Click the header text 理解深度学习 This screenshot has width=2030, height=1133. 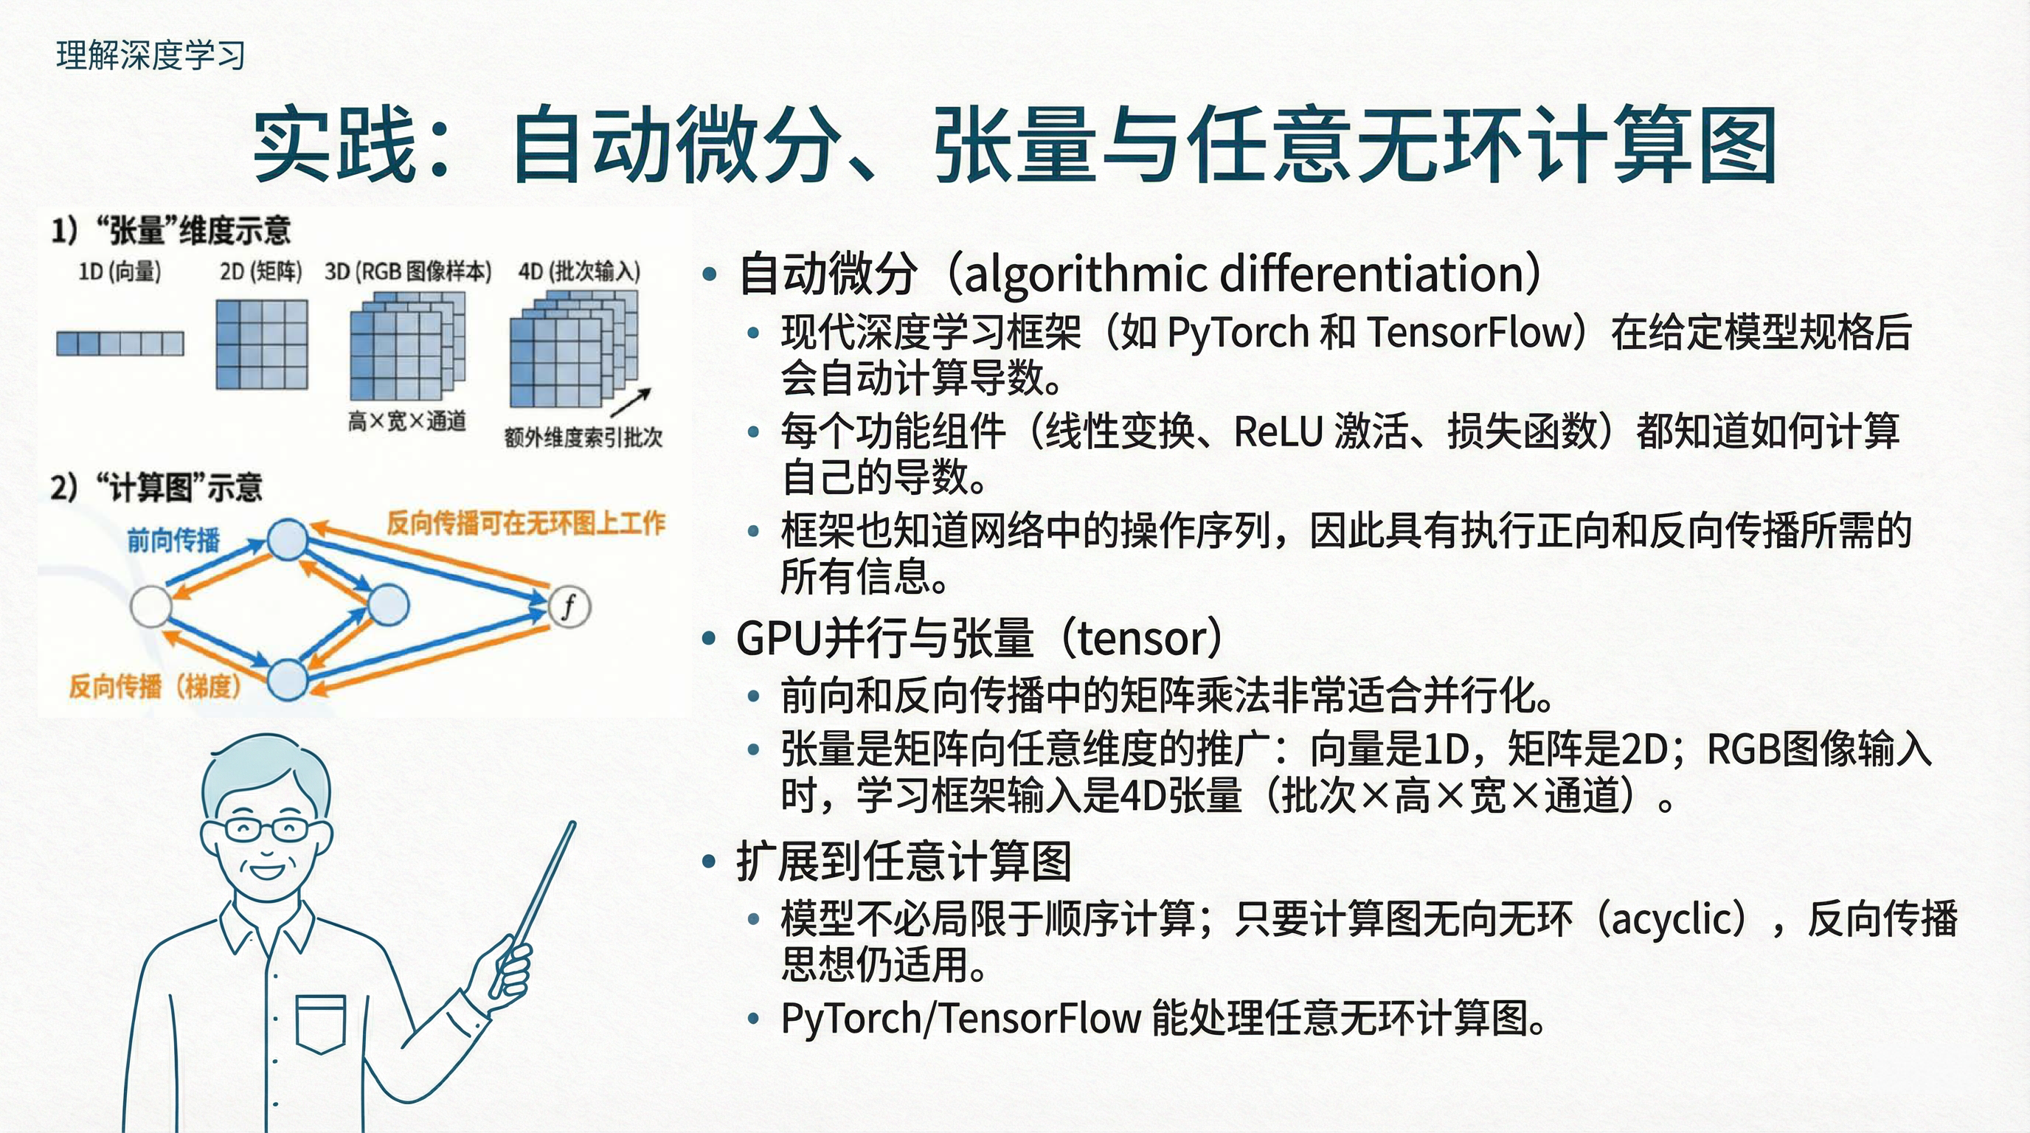150,55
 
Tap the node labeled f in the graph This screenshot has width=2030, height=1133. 569,606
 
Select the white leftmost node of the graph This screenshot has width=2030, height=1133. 150,606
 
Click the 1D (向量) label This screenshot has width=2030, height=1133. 119,272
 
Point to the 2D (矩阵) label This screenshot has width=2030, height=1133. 261,272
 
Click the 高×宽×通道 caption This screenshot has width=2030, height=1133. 406,421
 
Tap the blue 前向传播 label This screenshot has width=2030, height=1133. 173,541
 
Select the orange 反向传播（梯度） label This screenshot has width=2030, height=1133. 154,686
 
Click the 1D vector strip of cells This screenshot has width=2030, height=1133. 119,344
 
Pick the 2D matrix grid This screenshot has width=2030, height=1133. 262,344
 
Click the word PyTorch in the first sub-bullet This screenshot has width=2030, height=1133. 1238,333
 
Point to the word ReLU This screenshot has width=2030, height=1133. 1279,431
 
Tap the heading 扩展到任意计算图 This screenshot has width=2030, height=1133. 904,860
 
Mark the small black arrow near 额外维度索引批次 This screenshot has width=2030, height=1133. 631,401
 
